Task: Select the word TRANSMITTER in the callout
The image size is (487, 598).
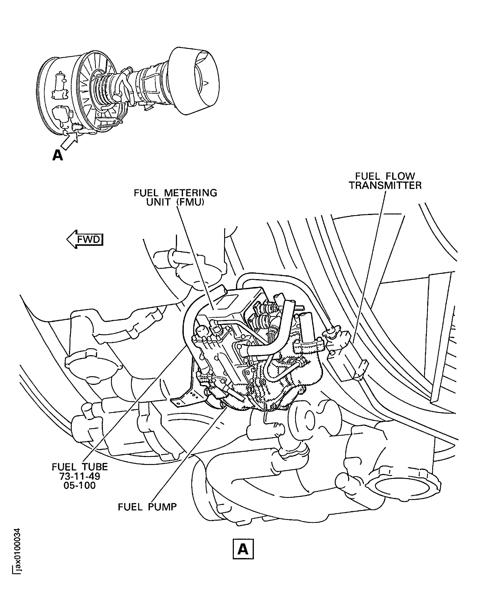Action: (x=385, y=185)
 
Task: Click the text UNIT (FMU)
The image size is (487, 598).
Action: (x=175, y=202)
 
